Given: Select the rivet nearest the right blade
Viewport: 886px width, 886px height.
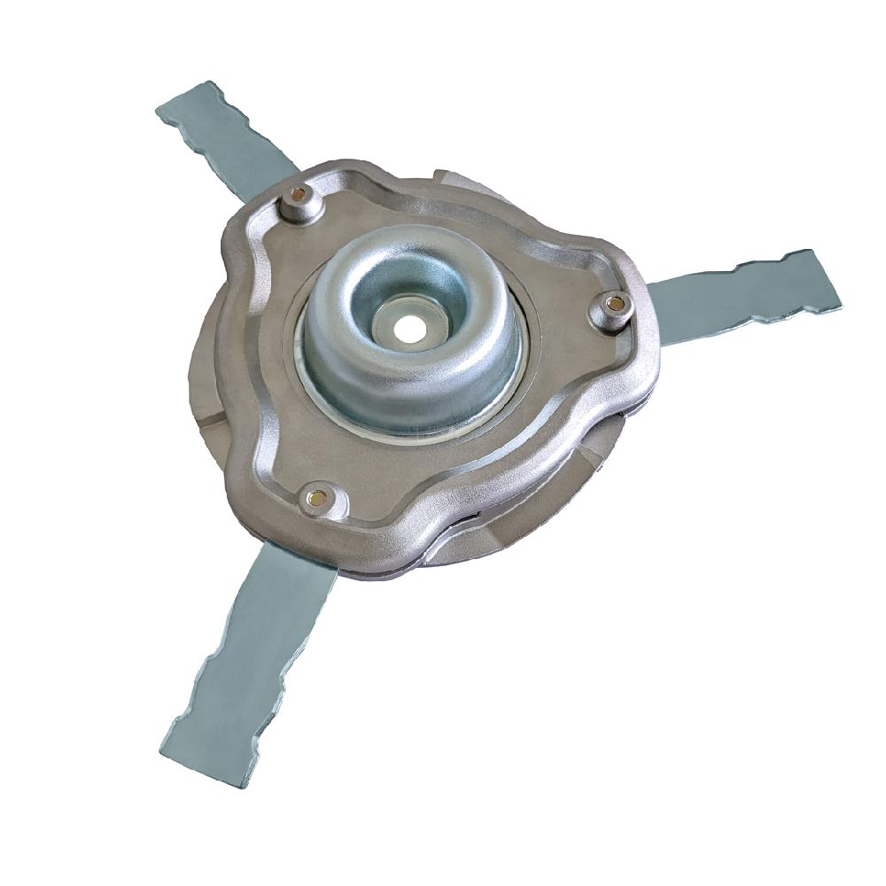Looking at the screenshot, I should click(x=615, y=304).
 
